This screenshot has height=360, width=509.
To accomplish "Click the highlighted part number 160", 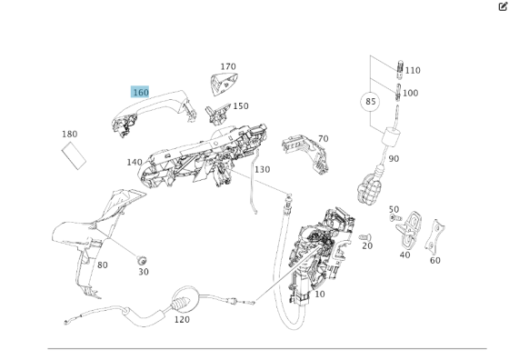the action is click(x=140, y=92).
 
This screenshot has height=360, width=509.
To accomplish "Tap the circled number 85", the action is click(x=370, y=102).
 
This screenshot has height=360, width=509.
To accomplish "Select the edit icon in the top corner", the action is click(x=503, y=6).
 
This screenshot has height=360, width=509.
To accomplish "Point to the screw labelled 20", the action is click(x=365, y=237).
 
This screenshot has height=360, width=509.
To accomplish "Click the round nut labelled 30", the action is click(x=142, y=260).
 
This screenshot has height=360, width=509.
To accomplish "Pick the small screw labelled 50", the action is click(x=395, y=218).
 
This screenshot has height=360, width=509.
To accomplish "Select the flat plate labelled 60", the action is click(x=434, y=236).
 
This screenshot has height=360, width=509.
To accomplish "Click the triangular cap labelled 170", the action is click(x=224, y=84).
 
